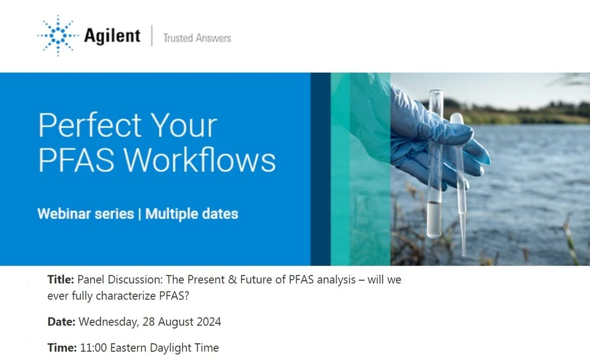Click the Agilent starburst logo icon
[58, 35]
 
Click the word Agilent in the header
[111, 36]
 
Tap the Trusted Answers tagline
[197, 38]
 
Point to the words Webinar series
[85, 214]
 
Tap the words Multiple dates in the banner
[191, 214]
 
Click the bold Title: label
[61, 280]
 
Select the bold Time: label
[62, 348]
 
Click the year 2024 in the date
[207, 322]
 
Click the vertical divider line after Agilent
[152, 36]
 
